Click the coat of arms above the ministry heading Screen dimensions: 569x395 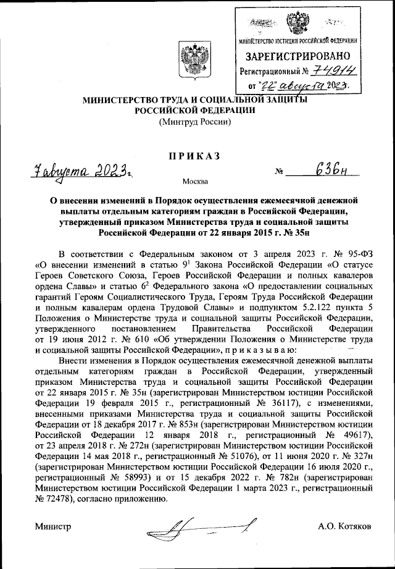pos(189,59)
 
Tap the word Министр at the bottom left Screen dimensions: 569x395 pos(52,526)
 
